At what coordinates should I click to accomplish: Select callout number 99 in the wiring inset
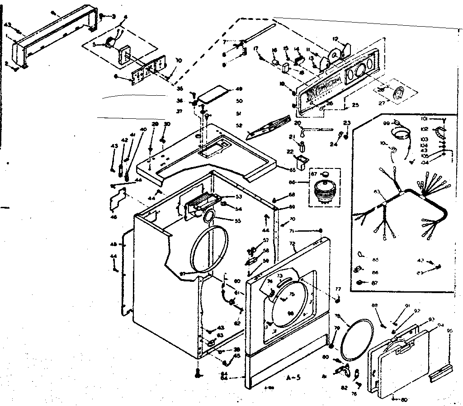[x=386, y=123]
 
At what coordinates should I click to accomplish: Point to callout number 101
[x=424, y=120]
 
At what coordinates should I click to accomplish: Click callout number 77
[x=337, y=289]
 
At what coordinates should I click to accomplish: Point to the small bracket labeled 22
[x=299, y=160]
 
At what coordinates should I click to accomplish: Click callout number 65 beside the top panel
[x=292, y=170]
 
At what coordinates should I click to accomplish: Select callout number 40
[x=143, y=130]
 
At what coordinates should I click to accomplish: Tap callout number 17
[x=255, y=48]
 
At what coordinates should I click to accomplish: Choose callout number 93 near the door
[x=431, y=319]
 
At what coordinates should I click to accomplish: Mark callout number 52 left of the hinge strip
[x=240, y=125]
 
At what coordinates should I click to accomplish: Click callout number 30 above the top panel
[x=167, y=124]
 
